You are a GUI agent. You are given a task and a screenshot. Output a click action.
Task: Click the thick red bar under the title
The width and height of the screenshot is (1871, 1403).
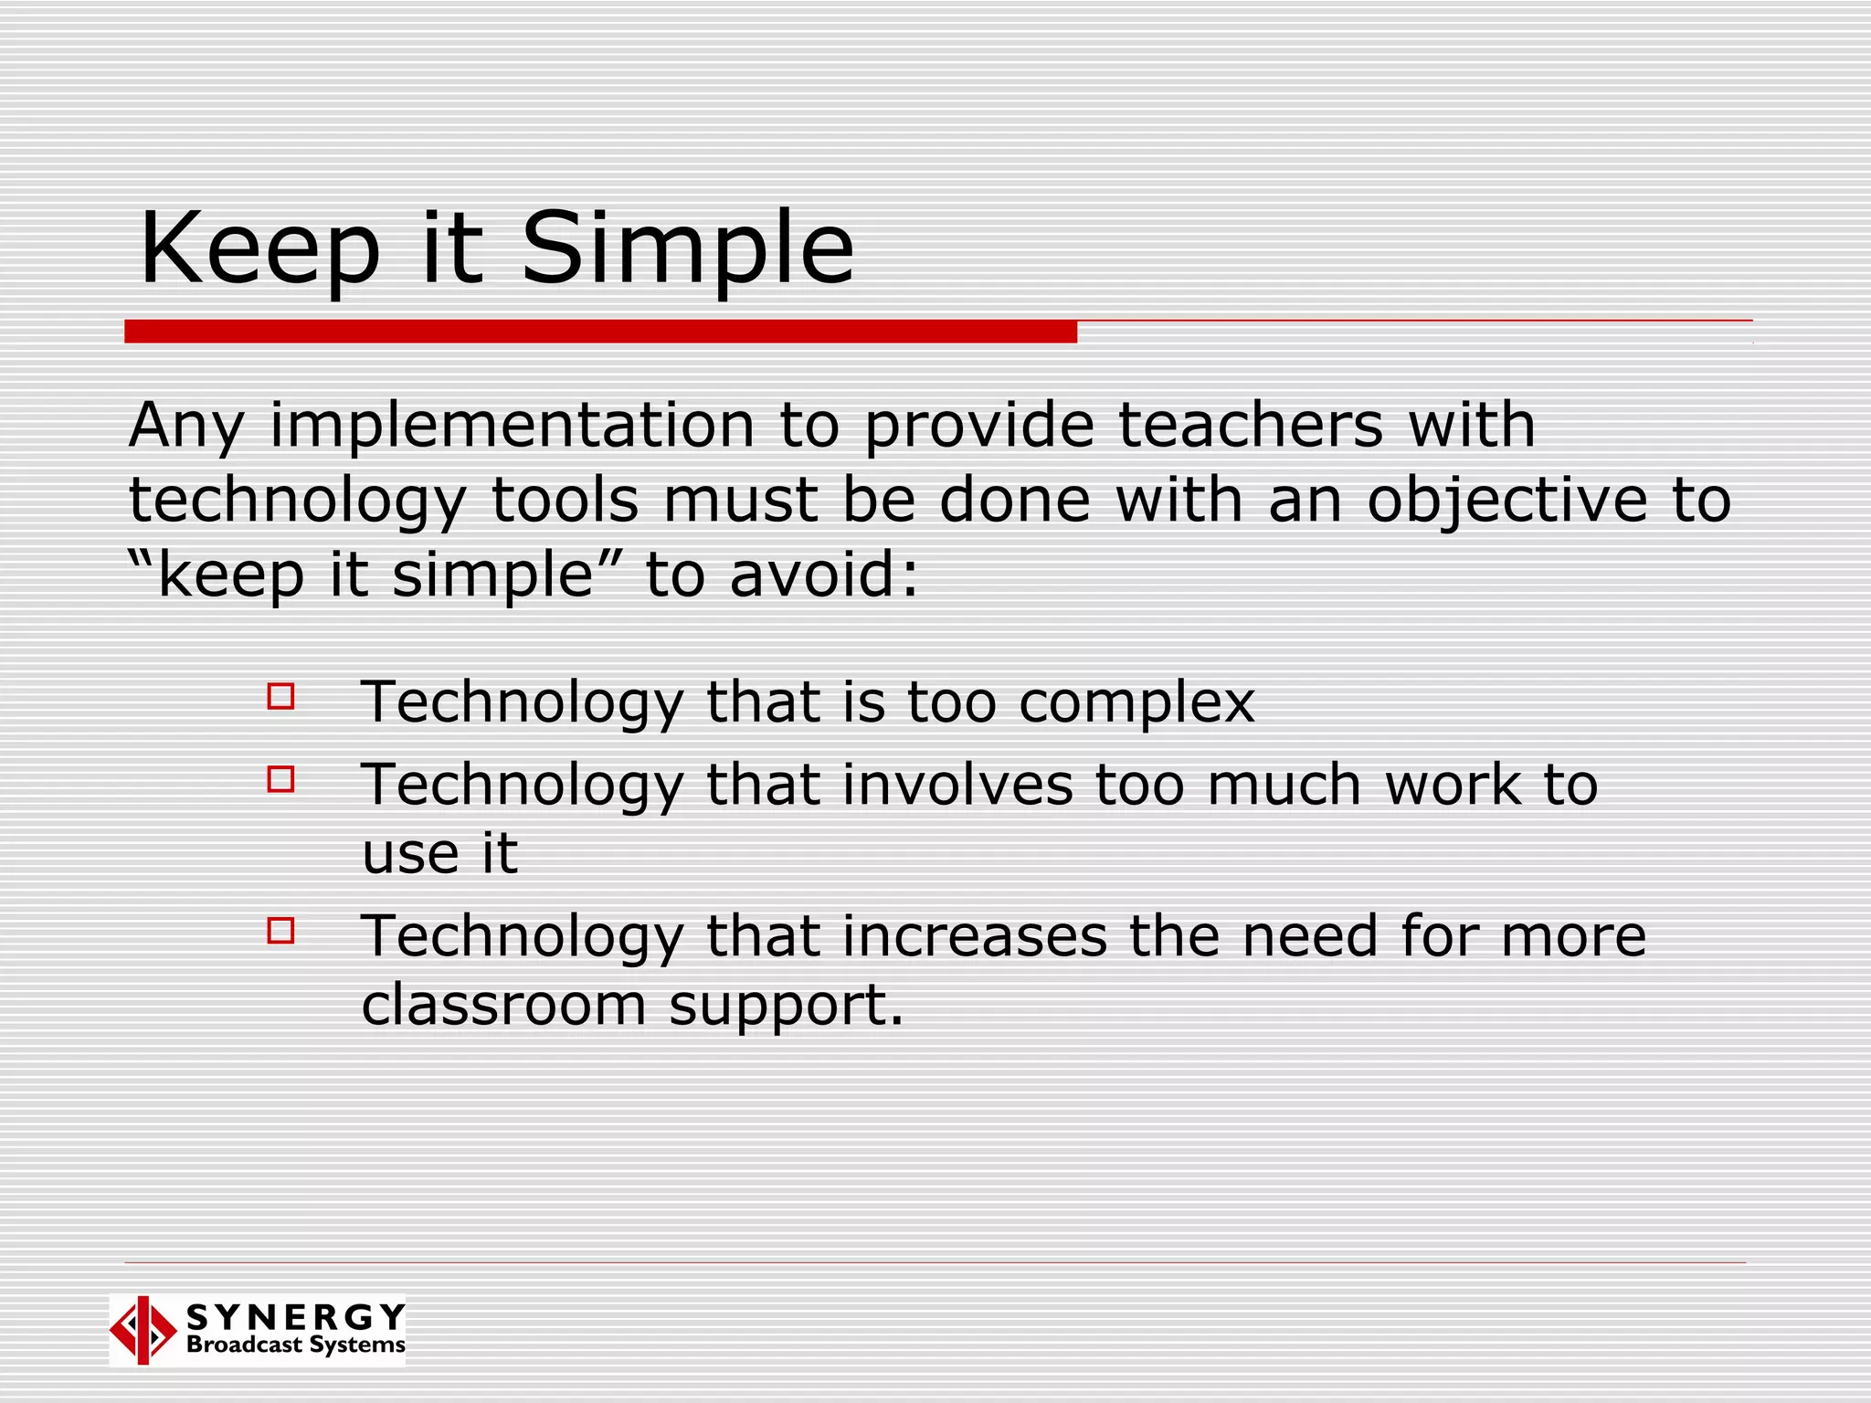click(600, 332)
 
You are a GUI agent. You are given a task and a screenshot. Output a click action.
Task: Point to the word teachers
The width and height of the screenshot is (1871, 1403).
click(1250, 426)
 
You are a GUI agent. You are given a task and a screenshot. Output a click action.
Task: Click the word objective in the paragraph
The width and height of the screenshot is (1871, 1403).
click(1507, 501)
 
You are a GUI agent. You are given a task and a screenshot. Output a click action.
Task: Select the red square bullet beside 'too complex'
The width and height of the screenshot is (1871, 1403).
click(280, 697)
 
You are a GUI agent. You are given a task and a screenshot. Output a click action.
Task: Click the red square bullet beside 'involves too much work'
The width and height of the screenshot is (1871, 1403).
click(280, 779)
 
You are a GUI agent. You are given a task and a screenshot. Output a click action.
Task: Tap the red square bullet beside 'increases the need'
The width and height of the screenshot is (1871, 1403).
click(280, 931)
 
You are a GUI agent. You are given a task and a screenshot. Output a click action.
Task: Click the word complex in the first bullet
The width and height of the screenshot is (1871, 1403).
click(1136, 703)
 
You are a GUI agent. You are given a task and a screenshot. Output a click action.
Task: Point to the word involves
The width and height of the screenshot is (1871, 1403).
click(957, 786)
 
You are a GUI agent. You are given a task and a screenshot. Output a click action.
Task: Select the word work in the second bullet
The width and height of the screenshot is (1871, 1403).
click(1453, 786)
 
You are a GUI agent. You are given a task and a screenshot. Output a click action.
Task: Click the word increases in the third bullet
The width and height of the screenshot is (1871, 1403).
click(974, 937)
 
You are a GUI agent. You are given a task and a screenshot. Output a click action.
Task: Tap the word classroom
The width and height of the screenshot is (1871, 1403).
click(503, 1005)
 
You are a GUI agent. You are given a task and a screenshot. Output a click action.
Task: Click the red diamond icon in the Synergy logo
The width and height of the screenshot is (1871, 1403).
click(143, 1330)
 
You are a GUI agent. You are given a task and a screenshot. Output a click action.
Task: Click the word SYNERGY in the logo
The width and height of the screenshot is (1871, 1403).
click(296, 1317)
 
